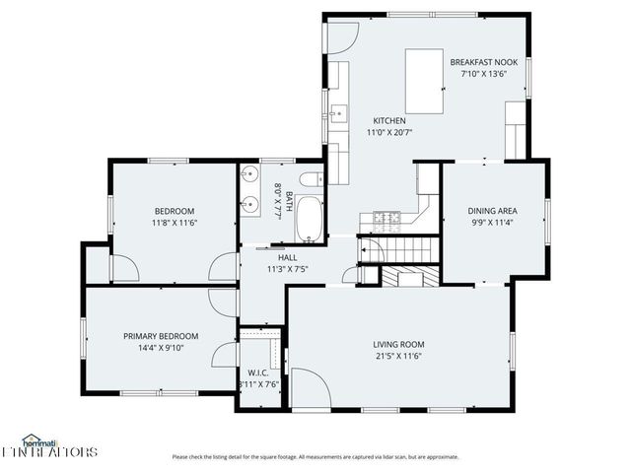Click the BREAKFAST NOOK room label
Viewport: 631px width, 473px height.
pos(485,61)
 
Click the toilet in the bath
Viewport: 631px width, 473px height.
pos(311,179)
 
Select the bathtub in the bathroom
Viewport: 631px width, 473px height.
pos(309,219)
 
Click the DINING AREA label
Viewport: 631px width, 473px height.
pos(493,210)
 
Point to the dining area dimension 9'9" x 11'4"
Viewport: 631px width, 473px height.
pos(493,222)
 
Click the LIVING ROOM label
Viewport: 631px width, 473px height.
pos(398,344)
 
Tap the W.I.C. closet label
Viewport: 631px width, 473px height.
pos(258,372)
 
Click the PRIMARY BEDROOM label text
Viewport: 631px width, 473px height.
pos(161,335)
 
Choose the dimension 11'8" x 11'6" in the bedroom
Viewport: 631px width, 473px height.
pos(175,223)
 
